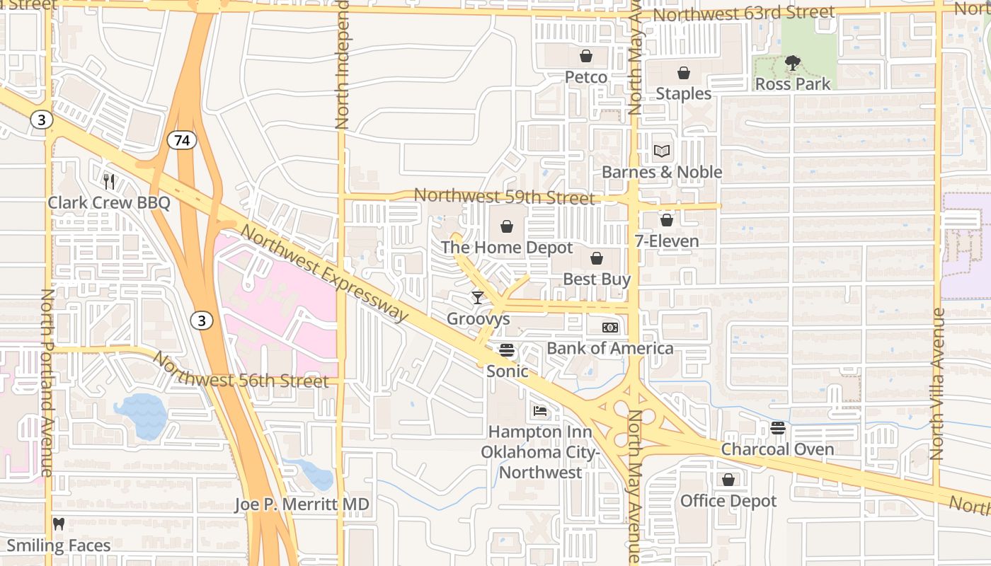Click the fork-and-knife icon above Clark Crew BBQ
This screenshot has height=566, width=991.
tap(109, 182)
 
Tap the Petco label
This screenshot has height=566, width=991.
tap(585, 76)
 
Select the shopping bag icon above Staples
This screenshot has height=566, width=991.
tap(683, 73)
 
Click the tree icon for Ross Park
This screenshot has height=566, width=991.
tap(793, 64)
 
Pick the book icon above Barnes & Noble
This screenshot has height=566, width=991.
tap(661, 151)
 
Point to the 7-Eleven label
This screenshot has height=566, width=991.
tap(666, 241)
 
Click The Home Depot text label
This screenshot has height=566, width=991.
tap(507, 248)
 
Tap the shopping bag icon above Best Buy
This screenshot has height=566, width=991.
tap(597, 258)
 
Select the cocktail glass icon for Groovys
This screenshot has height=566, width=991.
tap(478, 298)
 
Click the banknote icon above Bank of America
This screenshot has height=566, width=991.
tap(610, 328)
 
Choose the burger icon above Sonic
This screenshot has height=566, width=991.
tap(507, 350)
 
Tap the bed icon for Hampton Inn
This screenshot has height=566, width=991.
tap(540, 411)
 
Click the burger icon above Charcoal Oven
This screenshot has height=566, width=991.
tap(777, 428)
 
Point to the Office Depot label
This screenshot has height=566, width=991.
tap(728, 501)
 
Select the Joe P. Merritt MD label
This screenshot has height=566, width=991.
tap(302, 504)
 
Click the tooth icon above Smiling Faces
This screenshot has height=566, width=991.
tap(59, 524)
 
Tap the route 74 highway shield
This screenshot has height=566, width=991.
tap(182, 141)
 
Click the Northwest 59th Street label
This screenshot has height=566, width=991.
tap(504, 197)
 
